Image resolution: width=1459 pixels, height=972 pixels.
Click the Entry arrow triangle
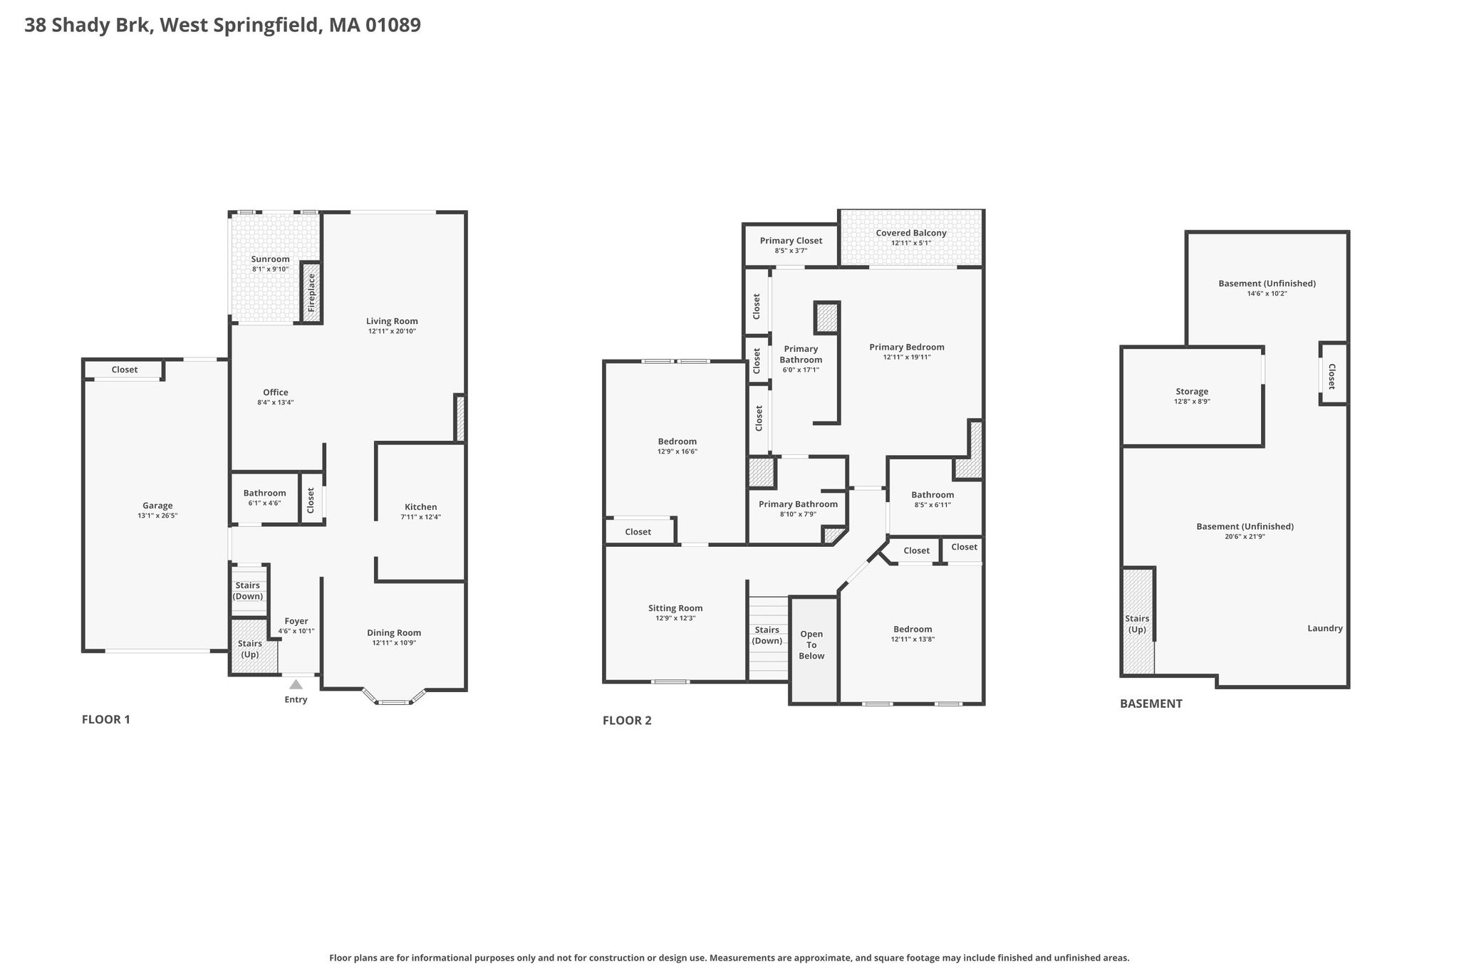click(296, 684)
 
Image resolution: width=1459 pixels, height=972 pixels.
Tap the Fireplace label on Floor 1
click(311, 292)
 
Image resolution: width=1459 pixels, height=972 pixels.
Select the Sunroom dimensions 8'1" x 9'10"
click(271, 269)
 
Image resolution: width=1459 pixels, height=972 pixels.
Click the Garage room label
click(157, 506)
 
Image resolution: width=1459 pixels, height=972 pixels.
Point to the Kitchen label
click(421, 507)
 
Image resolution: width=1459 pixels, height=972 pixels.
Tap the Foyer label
click(296, 621)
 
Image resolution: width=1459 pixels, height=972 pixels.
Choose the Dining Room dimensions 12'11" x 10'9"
click(394, 643)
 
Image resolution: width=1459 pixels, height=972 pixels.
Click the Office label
click(276, 392)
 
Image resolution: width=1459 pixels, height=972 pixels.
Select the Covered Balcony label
click(911, 233)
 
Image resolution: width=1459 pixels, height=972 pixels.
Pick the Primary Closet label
click(791, 241)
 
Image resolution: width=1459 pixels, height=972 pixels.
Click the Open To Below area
click(813, 649)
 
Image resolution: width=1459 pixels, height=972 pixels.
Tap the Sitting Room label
click(675, 608)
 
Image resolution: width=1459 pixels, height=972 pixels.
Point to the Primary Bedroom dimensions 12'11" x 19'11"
click(907, 357)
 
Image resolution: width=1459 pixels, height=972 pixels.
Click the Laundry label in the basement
click(1325, 628)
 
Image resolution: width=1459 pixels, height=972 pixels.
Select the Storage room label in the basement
click(1192, 392)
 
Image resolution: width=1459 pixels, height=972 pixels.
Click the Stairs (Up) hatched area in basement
click(1138, 621)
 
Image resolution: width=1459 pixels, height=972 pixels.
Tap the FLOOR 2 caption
click(627, 720)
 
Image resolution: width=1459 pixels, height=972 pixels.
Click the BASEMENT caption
click(1151, 704)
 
